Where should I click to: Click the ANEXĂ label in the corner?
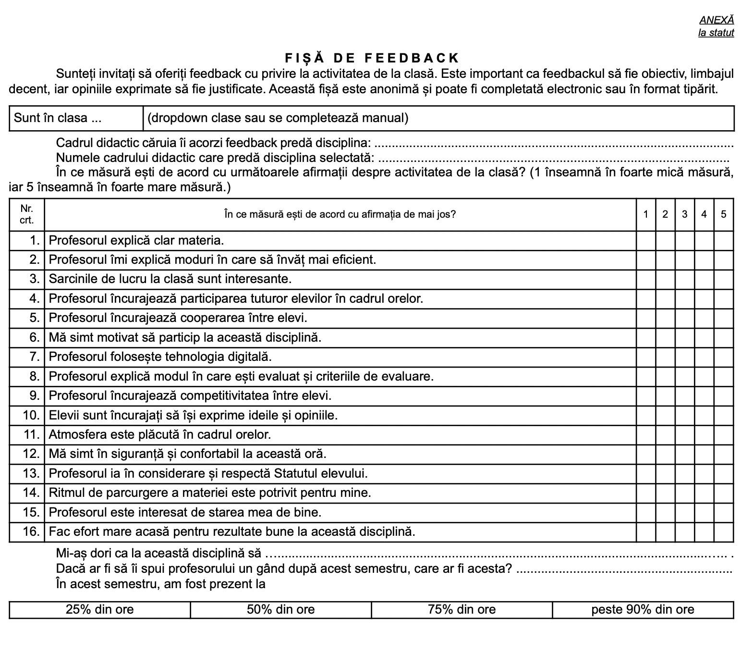pos(717,20)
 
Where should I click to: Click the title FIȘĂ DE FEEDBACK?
pos(372,58)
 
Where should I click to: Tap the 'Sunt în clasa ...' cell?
pos(76,118)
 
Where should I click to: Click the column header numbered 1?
pos(646,214)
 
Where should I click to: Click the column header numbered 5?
pos(724,214)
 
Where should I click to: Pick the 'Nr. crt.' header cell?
pos(27,214)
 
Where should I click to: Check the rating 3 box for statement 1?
pos(685,240)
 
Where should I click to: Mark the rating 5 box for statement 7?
pos(724,357)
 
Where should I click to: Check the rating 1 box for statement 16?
pos(646,532)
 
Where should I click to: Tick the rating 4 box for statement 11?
pos(704,435)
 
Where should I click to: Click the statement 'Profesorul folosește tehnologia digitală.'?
pos(160,357)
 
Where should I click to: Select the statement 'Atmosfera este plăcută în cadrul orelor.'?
pos(160,435)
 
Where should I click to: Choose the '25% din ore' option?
pos(100,610)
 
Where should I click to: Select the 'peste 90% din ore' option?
pos(643,610)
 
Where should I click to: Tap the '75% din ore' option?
pos(462,610)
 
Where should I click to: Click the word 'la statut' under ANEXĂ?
pos(716,33)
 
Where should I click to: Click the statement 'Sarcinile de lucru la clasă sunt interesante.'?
pos(170,279)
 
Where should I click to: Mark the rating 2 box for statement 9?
pos(665,396)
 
